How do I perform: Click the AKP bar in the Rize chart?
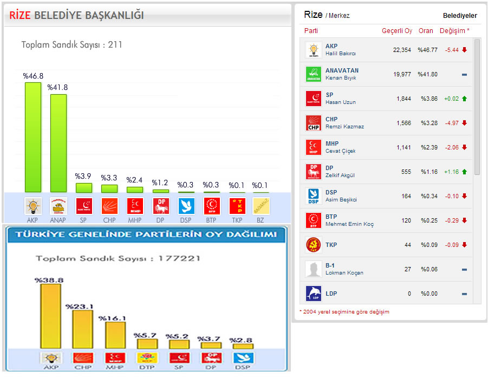click(x=33, y=137)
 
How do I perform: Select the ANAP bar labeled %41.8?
click(x=58, y=143)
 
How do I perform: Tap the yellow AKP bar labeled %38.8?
click(x=50, y=316)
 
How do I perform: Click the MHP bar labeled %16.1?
click(x=115, y=335)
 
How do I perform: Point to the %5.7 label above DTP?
click(x=146, y=335)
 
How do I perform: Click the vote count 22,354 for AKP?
click(x=402, y=50)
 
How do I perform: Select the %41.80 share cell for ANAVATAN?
click(x=427, y=74)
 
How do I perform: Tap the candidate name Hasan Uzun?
click(x=341, y=102)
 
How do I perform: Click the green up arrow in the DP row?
click(x=464, y=172)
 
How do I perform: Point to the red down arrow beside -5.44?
click(x=464, y=50)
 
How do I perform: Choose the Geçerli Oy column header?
click(x=397, y=31)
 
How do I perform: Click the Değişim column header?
click(x=454, y=31)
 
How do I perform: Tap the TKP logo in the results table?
click(x=313, y=245)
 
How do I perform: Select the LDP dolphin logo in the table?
click(x=313, y=294)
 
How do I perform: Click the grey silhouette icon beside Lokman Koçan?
click(x=313, y=269)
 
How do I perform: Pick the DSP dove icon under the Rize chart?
click(x=186, y=206)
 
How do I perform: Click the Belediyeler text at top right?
click(x=460, y=16)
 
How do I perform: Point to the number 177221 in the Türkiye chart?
click(x=179, y=258)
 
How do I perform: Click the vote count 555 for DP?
click(x=406, y=172)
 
